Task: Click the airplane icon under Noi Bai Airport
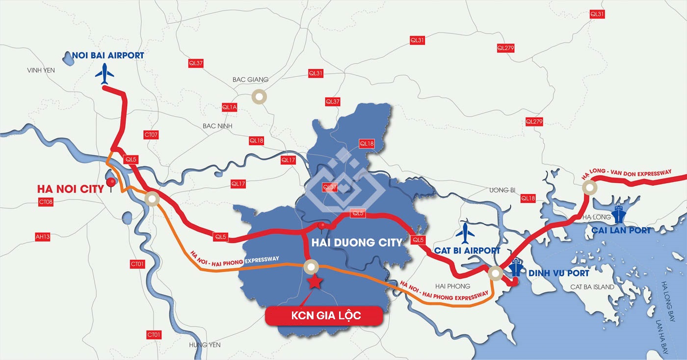[x=105, y=74]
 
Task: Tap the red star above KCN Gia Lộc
[x=314, y=282]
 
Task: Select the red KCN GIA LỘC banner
[x=324, y=315]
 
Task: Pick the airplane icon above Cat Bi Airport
[x=465, y=233]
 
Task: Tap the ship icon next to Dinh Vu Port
[x=516, y=268]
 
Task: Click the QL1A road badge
[x=229, y=107]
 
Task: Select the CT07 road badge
[x=151, y=134]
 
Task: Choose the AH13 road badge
[x=43, y=236]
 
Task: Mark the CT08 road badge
[x=46, y=202]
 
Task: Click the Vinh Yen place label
[x=41, y=71]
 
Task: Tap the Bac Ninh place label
[x=217, y=126]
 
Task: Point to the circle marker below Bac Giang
[x=259, y=97]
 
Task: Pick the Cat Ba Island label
[x=592, y=287]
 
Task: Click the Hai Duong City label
[x=357, y=242]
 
